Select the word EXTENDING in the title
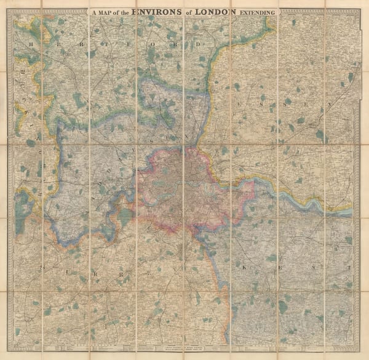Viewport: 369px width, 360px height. click(261, 10)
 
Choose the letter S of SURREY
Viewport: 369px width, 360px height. click(42, 268)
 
